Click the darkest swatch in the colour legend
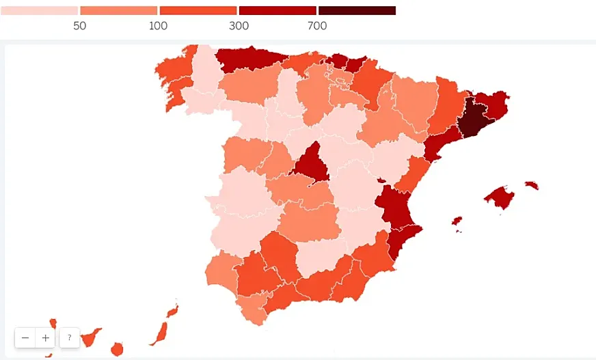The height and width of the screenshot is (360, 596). click(357, 11)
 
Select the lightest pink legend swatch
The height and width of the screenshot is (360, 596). click(39, 11)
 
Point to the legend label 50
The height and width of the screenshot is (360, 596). click(79, 26)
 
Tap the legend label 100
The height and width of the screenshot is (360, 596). click(159, 26)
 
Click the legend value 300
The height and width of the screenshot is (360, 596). click(239, 26)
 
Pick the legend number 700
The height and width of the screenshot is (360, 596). click(317, 26)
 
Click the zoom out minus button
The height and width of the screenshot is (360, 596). click(25, 337)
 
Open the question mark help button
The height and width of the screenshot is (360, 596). click(69, 337)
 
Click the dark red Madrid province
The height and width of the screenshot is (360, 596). click(312, 164)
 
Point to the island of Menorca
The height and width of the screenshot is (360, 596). click(532, 185)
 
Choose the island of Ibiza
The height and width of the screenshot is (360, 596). click(457, 221)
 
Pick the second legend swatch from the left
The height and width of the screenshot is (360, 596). click(119, 11)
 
